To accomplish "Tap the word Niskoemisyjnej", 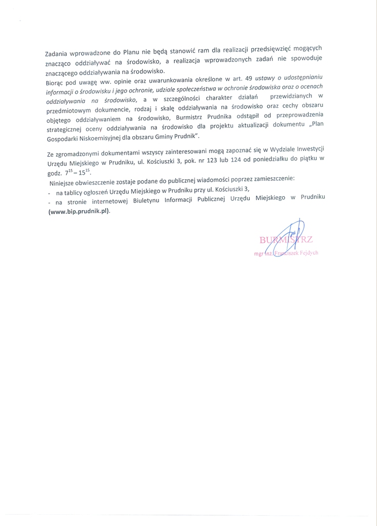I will pos(97,138).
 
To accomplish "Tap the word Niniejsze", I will pos(63,183).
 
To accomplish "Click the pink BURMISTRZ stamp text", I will pos(286,239).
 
